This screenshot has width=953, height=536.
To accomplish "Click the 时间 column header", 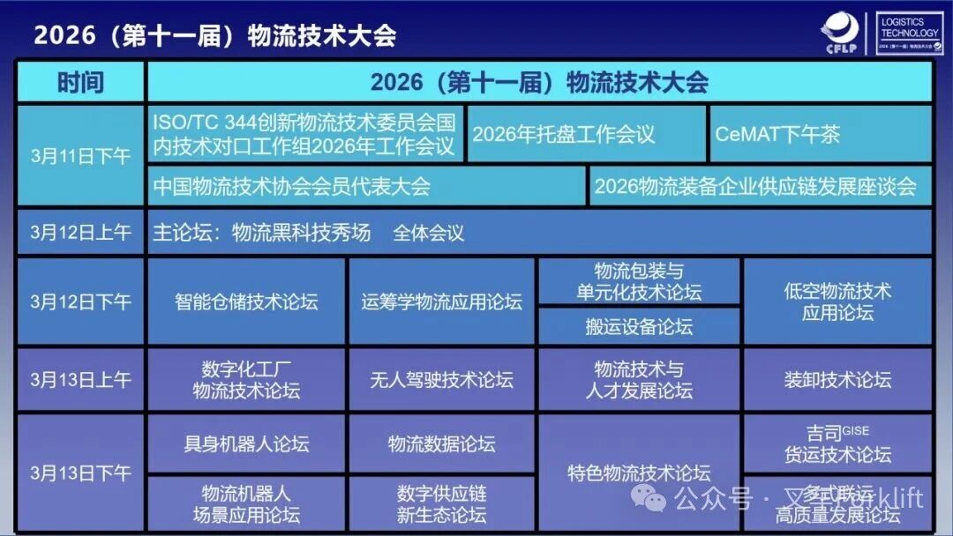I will click(80, 82).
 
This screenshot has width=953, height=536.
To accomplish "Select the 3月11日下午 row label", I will click(80, 156).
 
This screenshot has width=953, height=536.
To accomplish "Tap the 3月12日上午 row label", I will click(80, 232).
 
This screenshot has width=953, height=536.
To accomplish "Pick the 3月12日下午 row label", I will click(80, 301).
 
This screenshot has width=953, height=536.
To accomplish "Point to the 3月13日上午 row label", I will click(80, 379).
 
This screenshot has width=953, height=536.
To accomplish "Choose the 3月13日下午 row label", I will click(80, 473).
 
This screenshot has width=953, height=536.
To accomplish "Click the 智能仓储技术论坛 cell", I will click(246, 301).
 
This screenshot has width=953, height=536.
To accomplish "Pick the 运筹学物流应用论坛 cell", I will click(441, 301).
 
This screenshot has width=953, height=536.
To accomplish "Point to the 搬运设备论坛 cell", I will click(639, 326).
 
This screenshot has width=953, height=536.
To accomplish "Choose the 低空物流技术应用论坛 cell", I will click(837, 301).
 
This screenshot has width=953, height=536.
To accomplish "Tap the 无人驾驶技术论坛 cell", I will click(441, 379).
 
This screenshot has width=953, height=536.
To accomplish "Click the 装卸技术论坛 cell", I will click(837, 379).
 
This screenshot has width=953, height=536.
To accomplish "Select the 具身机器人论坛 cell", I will click(246, 443).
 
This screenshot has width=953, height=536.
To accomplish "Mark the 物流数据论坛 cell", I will click(441, 443).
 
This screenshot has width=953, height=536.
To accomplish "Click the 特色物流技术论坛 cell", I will click(639, 473).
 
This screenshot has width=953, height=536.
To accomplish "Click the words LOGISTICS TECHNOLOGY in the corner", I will click(910, 27).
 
